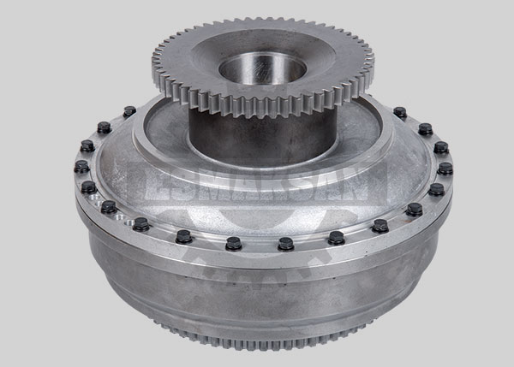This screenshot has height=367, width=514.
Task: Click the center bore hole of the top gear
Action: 262,68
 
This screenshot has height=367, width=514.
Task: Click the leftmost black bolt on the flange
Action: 81,166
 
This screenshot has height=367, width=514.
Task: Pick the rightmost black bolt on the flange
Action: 445,169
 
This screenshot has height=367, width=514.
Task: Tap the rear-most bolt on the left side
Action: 129,111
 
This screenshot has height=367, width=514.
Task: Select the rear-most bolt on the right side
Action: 400,112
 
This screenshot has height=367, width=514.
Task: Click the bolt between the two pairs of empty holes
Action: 109,207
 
